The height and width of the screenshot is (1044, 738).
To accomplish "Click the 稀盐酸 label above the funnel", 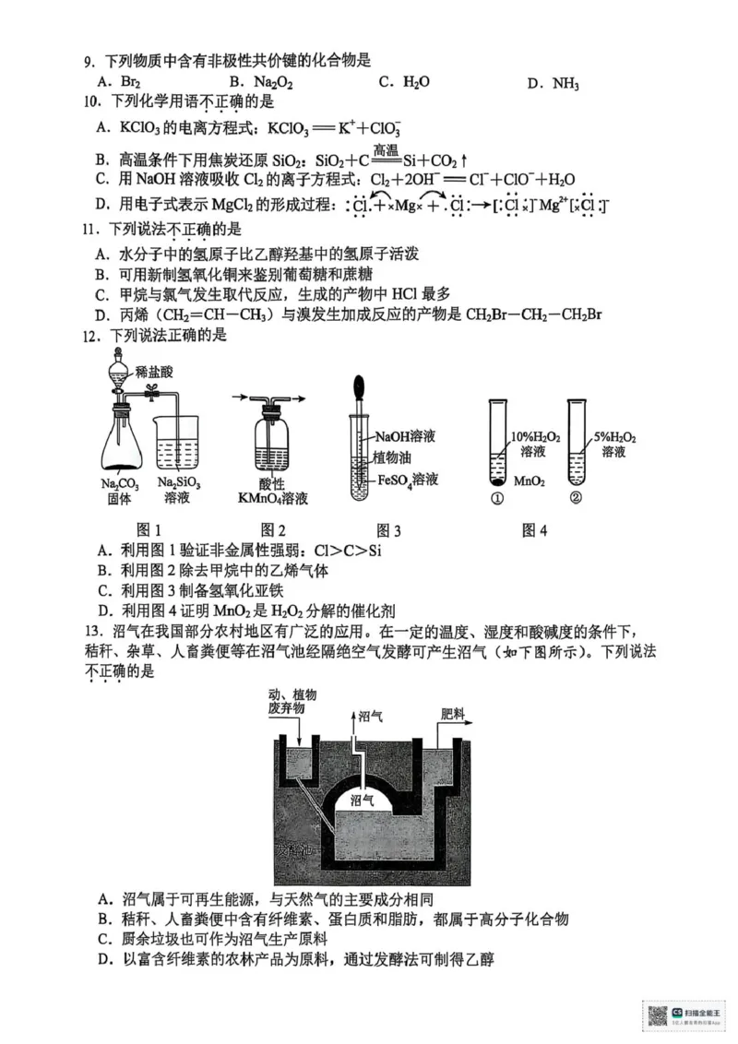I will [153, 371].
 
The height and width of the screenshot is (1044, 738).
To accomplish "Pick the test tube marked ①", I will [495, 443].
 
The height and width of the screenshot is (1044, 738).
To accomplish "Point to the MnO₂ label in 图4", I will [527, 480].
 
